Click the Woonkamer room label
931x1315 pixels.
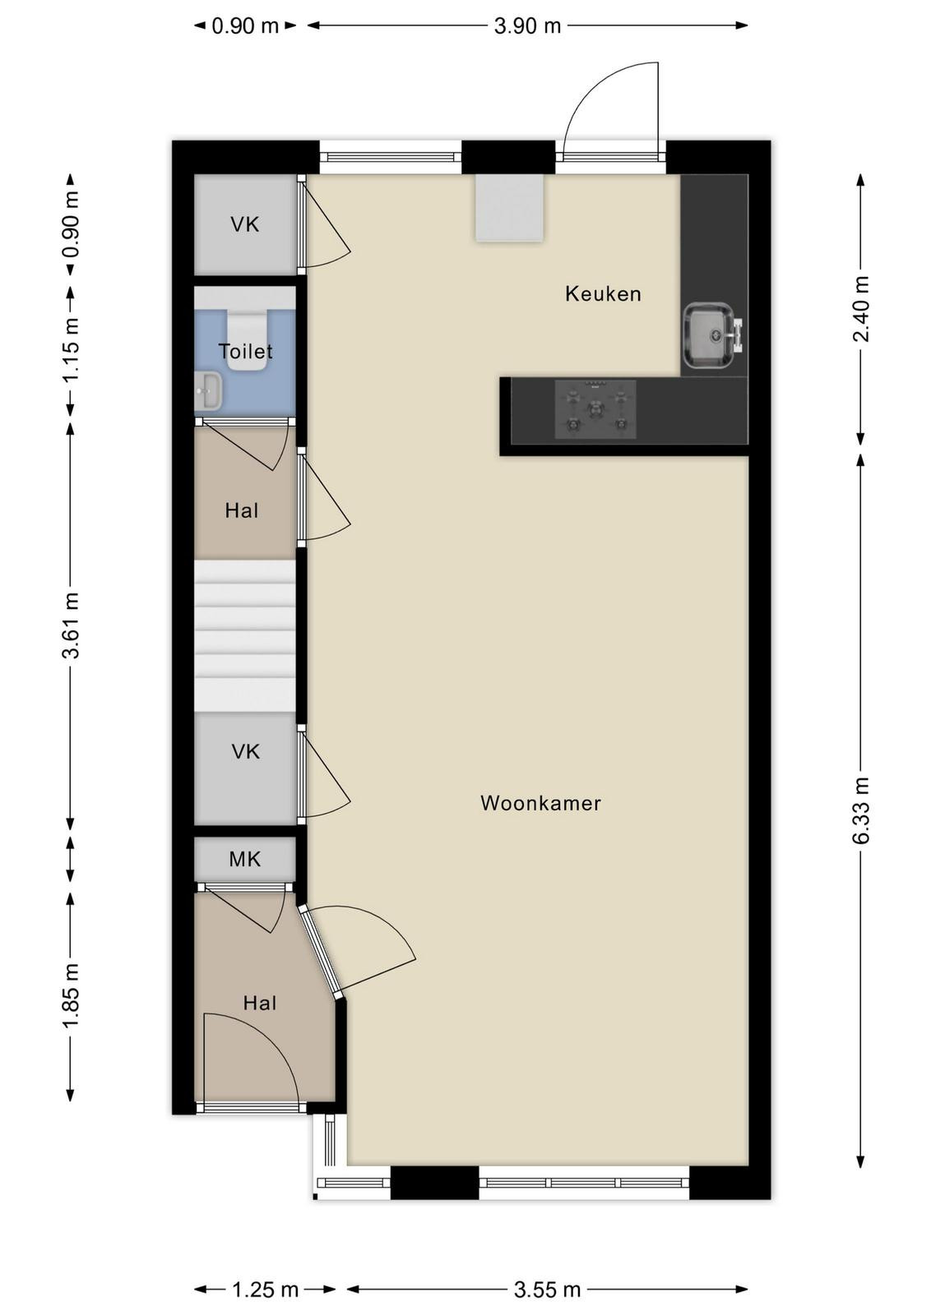(540, 802)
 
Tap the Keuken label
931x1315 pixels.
(603, 293)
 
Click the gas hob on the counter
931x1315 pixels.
(595, 408)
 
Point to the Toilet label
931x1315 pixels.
(246, 351)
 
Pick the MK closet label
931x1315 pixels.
(245, 860)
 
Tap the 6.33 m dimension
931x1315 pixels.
(860, 810)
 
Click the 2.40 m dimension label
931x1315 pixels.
(860, 308)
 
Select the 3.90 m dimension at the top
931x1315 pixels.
(527, 25)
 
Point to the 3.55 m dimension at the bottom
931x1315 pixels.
(547, 1290)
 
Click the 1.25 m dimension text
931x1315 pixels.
(265, 1290)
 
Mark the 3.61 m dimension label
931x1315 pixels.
(71, 625)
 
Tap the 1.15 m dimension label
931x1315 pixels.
(71, 350)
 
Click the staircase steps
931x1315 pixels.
(245, 635)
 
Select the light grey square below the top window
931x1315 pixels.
(509, 208)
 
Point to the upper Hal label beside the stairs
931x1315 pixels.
(242, 510)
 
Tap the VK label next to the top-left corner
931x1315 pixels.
(245, 224)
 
